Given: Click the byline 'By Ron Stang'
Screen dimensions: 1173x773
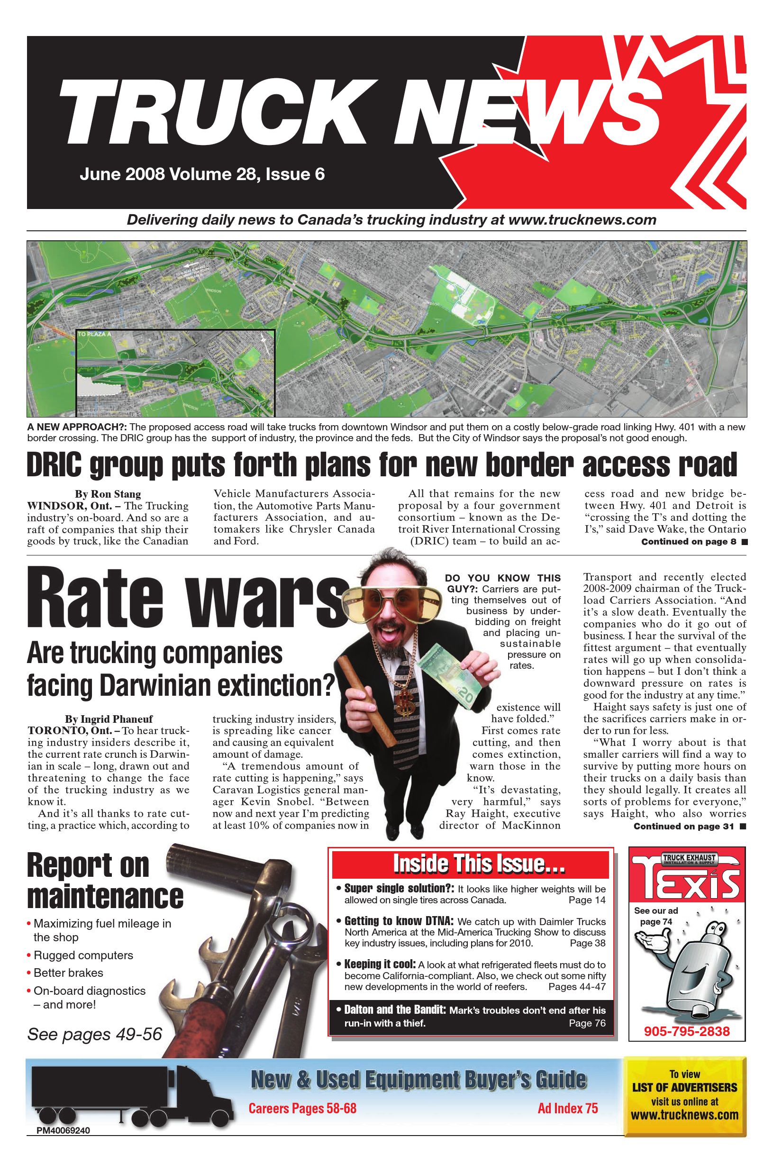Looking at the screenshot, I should tap(108, 494).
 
